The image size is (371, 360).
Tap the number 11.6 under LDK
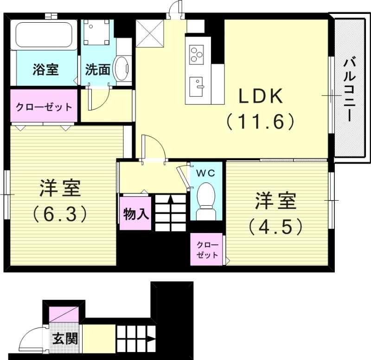261,122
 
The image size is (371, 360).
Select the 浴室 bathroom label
45,70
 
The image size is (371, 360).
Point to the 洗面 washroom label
97,70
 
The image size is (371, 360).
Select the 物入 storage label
135,214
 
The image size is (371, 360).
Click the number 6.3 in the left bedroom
60,214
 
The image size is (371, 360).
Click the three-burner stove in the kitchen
197,54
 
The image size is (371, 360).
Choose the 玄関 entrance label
64,338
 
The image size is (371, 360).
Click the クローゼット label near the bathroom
44,107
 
